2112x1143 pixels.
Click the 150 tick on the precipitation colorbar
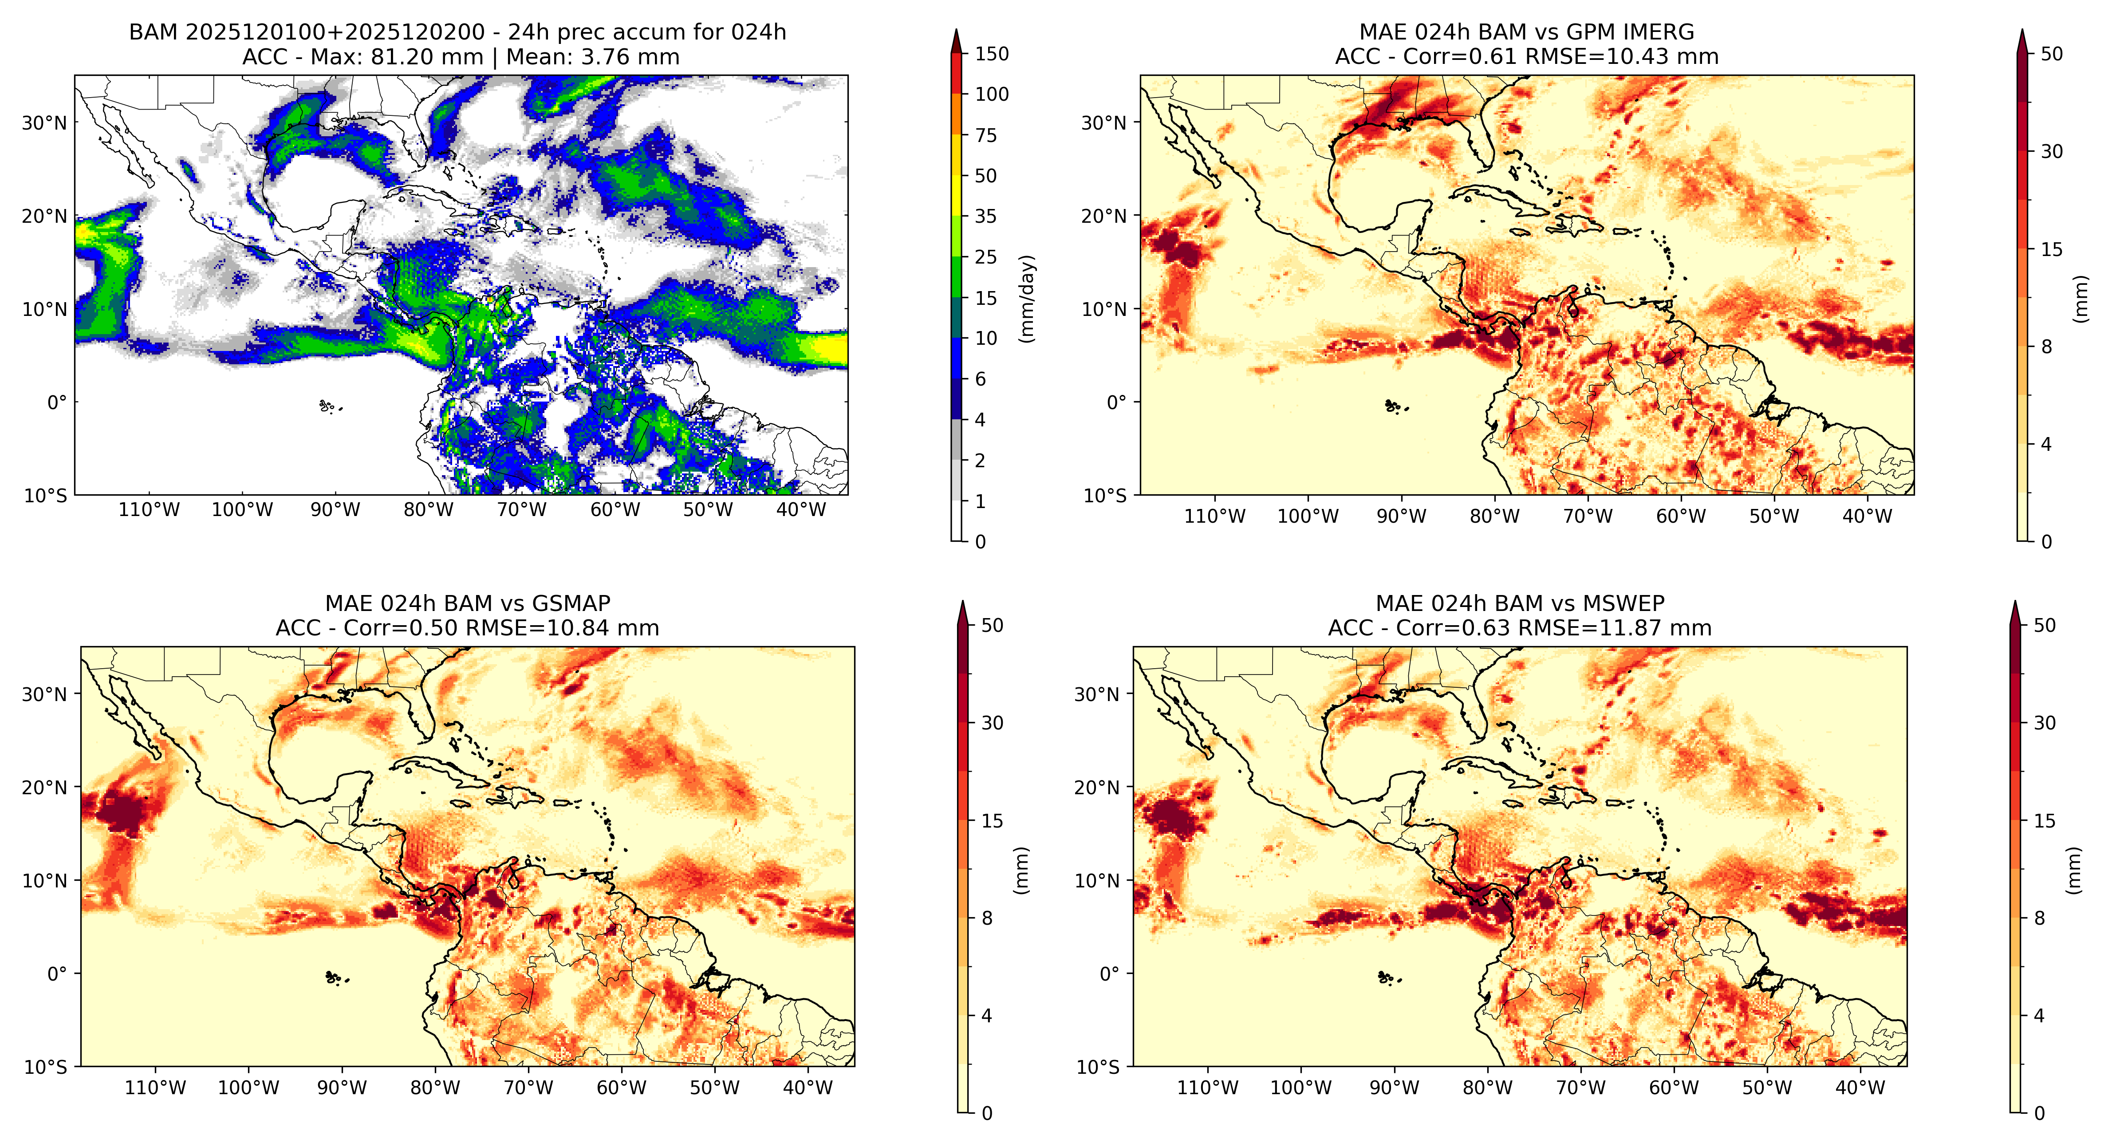[x=991, y=54]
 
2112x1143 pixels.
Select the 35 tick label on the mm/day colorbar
[x=985, y=217]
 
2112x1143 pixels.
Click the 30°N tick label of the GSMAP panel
[x=44, y=694]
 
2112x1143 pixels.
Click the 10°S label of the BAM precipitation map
[x=46, y=496]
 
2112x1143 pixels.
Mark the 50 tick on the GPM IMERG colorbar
[x=2051, y=54]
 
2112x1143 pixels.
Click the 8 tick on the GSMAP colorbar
[x=987, y=918]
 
